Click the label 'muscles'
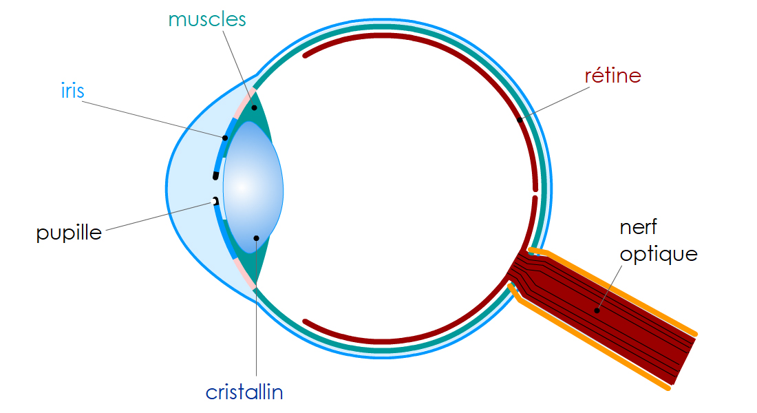(206, 19)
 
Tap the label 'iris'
(72, 91)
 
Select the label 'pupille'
(69, 233)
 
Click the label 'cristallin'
(244, 392)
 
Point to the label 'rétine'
(612, 75)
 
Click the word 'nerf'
(639, 227)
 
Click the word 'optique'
(659, 254)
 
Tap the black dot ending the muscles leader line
(254, 107)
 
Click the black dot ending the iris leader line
(225, 138)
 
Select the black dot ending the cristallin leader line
(256, 238)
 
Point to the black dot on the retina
(520, 120)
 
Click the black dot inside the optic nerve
(597, 310)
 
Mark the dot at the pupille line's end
(213, 201)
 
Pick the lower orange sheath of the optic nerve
(592, 344)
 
